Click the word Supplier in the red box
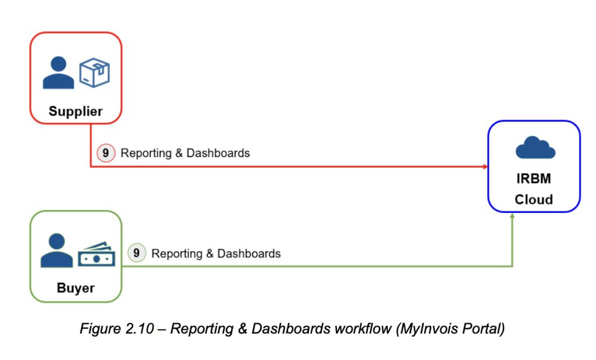tap(75, 111)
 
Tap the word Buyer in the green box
tap(76, 288)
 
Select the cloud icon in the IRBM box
tap(535, 148)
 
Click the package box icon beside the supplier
tap(94, 72)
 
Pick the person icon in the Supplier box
tap(59, 72)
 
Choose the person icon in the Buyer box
tap(57, 250)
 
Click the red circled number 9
tap(105, 153)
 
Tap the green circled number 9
tap(136, 253)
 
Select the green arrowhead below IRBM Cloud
tap(512, 216)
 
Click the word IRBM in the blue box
tap(533, 179)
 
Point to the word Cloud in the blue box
tap(533, 199)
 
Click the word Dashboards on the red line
tap(218, 153)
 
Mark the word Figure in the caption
tap(99, 329)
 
